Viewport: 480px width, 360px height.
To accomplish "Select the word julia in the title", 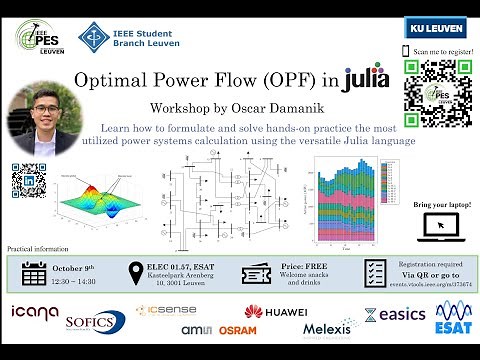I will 365,78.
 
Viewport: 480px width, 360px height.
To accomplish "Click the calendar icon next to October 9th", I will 35,273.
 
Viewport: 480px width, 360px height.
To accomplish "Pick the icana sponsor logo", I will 34,313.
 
